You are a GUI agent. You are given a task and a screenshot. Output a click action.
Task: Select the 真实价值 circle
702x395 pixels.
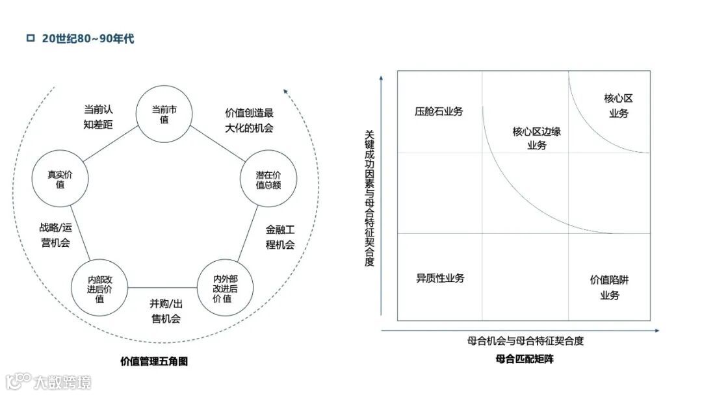coord(60,179)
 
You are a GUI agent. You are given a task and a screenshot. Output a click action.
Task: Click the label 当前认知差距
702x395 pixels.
coord(99,117)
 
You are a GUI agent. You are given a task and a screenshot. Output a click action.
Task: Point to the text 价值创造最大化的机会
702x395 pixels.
coord(249,120)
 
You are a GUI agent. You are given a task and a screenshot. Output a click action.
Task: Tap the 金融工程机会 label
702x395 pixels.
coord(280,237)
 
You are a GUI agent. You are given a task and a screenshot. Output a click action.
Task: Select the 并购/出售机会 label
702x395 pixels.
coord(166,311)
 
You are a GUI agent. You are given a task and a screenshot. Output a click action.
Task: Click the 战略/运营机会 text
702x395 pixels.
coord(54,235)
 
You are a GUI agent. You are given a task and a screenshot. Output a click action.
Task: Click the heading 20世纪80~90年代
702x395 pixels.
coord(88,39)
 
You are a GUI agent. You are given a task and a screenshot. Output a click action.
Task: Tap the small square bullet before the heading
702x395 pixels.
coord(30,38)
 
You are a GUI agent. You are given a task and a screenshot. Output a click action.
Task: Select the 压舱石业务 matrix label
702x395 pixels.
coord(439,111)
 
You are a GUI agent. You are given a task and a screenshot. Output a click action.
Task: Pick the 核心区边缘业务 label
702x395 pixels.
coord(536,138)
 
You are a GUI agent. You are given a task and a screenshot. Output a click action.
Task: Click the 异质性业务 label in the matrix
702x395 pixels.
coord(440,278)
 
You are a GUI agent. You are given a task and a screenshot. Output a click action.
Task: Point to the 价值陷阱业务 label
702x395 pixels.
coord(610,288)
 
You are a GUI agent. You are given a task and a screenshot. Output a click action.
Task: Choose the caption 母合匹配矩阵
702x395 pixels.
coord(524,359)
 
